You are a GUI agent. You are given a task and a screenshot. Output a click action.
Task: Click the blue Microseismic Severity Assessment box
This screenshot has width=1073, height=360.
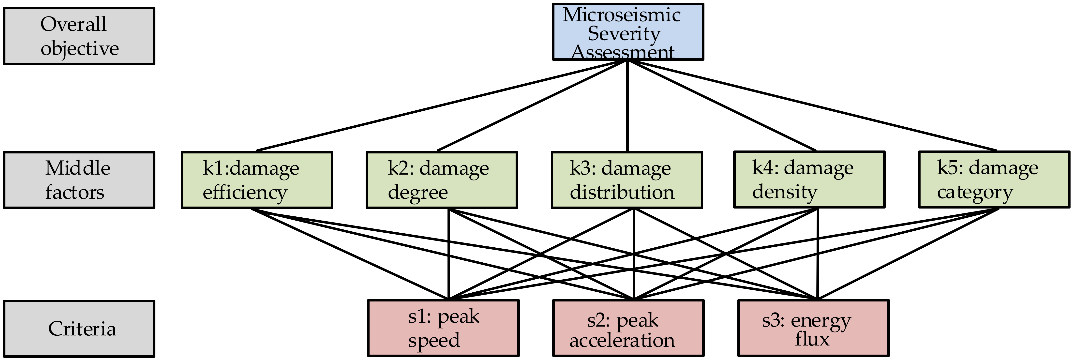click(x=628, y=32)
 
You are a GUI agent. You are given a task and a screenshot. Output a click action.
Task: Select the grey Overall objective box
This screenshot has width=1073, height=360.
click(x=79, y=36)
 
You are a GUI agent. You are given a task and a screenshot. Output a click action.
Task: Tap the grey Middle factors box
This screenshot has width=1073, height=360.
click(x=79, y=180)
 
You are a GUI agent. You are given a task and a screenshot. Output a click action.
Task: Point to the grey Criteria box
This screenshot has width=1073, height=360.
click(x=79, y=328)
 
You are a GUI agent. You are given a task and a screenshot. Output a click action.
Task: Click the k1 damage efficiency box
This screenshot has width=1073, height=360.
click(x=257, y=180)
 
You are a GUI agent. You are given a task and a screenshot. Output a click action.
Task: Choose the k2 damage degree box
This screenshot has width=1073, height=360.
click(x=442, y=180)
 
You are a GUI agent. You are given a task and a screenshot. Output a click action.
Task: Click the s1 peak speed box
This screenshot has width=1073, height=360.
click(x=443, y=328)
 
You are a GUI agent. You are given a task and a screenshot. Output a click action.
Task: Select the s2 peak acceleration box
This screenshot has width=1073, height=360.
click(x=628, y=328)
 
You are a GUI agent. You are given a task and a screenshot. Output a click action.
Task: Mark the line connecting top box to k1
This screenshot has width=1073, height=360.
click(x=442, y=105)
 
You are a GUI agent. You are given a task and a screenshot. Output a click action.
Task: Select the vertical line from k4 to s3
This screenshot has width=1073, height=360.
click(x=818, y=254)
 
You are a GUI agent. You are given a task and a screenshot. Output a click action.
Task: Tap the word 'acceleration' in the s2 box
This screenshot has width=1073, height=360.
click(x=622, y=340)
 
